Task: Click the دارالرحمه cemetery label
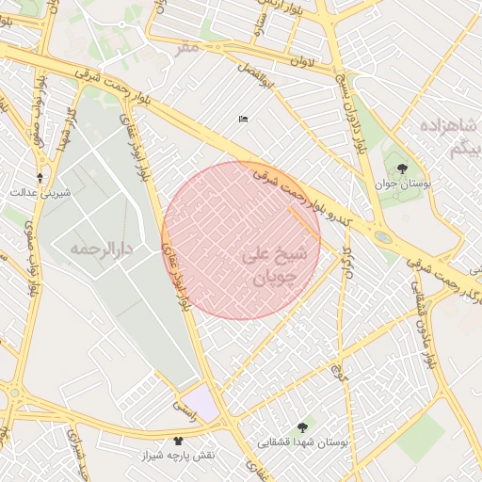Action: click(100, 249)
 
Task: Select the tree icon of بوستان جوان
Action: click(403, 169)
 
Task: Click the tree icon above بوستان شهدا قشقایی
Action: click(301, 427)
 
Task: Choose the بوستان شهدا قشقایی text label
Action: click(303, 442)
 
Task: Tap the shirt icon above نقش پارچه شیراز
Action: click(179, 441)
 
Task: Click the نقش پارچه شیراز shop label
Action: click(179, 455)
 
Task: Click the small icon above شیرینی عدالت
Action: click(40, 177)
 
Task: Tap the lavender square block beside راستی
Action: click(201, 402)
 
